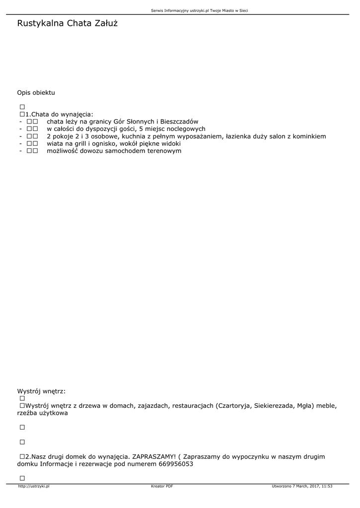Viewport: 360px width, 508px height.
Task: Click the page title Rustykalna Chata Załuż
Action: point(67,23)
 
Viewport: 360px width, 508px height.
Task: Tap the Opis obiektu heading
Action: point(36,93)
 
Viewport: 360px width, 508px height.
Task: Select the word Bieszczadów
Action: point(179,122)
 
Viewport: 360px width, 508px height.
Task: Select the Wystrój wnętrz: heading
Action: point(41,391)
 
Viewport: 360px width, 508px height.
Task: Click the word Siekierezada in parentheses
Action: point(274,406)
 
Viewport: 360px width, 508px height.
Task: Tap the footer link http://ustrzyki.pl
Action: point(33,486)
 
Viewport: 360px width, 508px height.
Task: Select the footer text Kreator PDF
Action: point(162,486)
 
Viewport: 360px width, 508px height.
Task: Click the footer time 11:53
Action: point(327,486)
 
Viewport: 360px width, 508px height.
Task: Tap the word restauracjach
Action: point(193,406)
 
